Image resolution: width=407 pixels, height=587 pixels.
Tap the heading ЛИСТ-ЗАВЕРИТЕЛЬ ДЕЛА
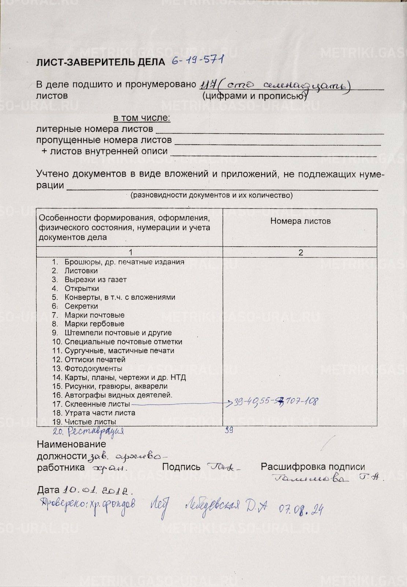pos(100,62)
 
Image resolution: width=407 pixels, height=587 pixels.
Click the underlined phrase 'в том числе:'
pos(142,118)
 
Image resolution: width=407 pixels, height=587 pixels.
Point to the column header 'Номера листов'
pos(300,221)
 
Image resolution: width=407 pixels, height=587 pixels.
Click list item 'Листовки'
pos(81,271)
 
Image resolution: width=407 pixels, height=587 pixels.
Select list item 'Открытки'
pos(82,288)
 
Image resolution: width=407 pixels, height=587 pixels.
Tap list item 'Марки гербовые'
pos(94,324)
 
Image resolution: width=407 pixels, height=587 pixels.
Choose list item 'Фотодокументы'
pos(93,368)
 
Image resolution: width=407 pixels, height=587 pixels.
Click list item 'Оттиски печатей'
pos(95,360)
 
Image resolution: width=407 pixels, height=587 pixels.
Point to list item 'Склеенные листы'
pos(97,404)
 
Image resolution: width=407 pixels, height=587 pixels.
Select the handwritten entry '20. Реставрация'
pos(88,431)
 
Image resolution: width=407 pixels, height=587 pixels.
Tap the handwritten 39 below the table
pos(229,430)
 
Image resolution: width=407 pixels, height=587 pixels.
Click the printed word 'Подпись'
pos(181,467)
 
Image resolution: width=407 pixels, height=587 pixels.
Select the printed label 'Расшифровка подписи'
pos(312,467)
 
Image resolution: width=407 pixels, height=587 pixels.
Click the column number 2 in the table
pos(300,252)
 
